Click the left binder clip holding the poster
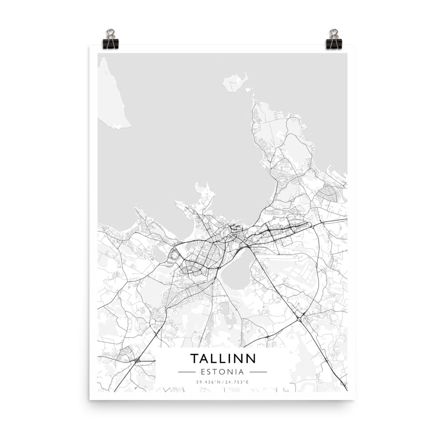click(110, 40)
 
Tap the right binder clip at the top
click(334, 40)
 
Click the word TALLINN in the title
click(223, 358)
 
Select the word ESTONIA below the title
click(222, 372)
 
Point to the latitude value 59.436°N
click(207, 382)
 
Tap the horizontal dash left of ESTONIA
click(186, 372)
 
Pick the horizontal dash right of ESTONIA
click(258, 372)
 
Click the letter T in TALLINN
click(194, 358)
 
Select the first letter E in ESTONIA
click(203, 372)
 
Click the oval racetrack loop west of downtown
click(174, 255)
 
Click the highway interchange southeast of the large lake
click(299, 318)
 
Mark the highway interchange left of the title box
click(137, 360)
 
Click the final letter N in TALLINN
click(251, 358)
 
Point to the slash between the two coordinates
click(222, 382)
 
